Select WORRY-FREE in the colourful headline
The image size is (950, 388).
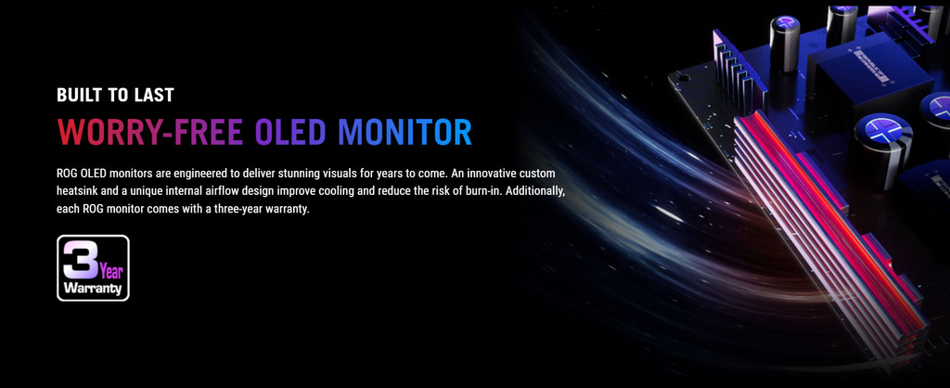point(150,132)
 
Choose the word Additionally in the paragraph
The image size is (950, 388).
point(537,191)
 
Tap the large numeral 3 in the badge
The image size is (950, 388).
point(81,259)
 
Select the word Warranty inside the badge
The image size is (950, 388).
point(94,288)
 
